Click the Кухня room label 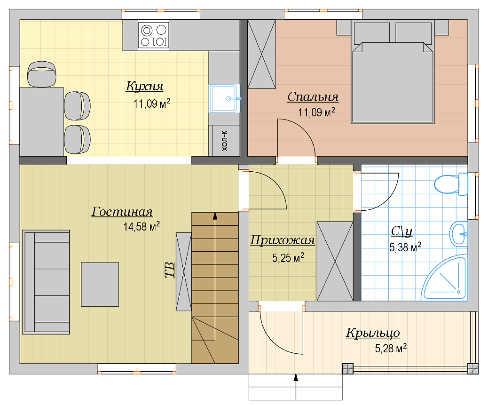144,86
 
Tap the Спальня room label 313,97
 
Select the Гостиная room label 122,212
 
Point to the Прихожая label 282,240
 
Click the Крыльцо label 373,333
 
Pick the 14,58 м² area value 141,226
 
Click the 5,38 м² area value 405,247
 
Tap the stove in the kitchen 154,35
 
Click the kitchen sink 224,98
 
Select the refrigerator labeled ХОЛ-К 224,141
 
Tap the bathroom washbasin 459,234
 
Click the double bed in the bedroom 393,72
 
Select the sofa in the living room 46,282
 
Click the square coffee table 100,285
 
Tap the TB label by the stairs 170,270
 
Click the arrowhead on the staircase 215,216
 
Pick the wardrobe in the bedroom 261,54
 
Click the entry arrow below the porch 296,387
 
